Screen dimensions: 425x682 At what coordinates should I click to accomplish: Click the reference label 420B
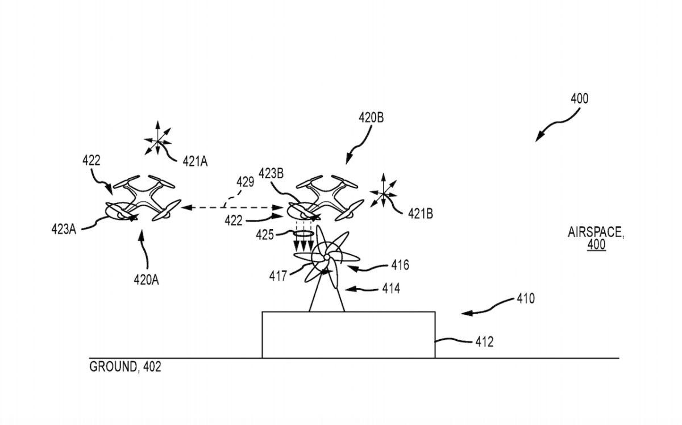click(371, 118)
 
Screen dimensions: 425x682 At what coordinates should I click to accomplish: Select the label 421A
click(195, 161)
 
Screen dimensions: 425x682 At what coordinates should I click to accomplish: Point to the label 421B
click(421, 214)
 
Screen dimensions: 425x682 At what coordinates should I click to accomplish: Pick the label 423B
click(271, 173)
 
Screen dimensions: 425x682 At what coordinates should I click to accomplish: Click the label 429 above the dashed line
click(245, 182)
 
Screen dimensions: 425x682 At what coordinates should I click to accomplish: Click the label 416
click(400, 265)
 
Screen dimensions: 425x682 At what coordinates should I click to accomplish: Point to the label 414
click(390, 289)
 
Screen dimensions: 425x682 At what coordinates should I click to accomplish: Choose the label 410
click(525, 298)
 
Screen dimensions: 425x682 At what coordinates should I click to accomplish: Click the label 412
click(484, 341)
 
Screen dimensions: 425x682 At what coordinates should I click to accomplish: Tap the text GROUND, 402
click(125, 367)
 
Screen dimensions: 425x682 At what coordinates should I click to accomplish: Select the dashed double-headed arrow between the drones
click(232, 209)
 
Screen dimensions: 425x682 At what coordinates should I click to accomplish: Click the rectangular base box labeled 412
click(348, 335)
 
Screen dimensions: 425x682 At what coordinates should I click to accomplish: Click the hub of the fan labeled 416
click(326, 258)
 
